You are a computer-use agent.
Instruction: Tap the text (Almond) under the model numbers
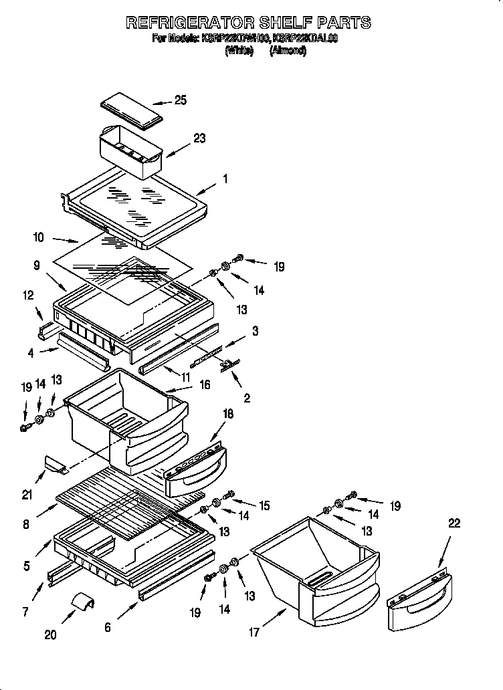(x=288, y=51)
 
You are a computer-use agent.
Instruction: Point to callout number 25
(x=180, y=100)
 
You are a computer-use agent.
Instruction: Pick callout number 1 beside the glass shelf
(x=225, y=179)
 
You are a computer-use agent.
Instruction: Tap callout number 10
(x=38, y=237)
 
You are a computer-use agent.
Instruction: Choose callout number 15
(x=264, y=506)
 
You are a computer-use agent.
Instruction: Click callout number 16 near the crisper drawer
(x=204, y=384)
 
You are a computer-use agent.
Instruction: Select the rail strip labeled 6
(x=175, y=576)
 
